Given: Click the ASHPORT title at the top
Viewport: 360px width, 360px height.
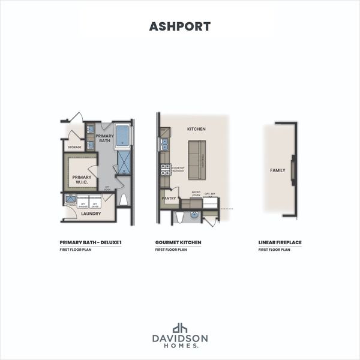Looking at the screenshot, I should click(x=179, y=26).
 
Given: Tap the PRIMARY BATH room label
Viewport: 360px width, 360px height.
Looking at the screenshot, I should click(x=104, y=139).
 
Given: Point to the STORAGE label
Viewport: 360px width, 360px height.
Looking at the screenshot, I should click(x=74, y=147).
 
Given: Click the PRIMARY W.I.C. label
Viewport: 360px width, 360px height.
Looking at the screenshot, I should click(x=82, y=179).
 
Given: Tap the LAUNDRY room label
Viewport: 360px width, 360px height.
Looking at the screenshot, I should click(x=90, y=213).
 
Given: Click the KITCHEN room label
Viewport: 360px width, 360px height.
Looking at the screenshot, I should click(x=196, y=129).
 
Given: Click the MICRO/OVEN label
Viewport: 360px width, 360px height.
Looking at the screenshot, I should click(x=196, y=194).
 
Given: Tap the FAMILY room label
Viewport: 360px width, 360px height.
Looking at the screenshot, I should click(x=277, y=170).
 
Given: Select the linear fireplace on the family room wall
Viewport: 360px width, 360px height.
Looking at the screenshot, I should click(x=293, y=170).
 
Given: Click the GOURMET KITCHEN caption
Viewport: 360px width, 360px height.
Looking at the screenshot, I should click(x=178, y=242).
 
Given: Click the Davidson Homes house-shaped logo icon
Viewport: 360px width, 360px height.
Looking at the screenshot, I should click(x=180, y=328).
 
